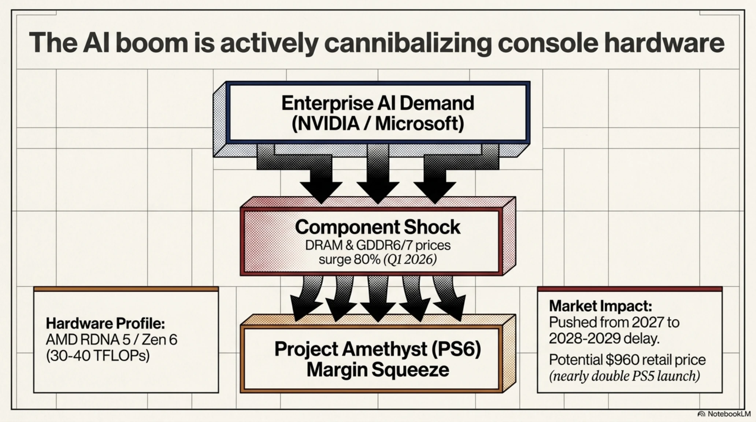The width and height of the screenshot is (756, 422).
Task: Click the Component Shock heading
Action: click(377, 227)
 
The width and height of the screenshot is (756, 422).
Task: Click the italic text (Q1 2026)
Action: click(410, 260)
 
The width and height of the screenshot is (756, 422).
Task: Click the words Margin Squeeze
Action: click(378, 369)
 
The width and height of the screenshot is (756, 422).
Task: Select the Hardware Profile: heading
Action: click(105, 323)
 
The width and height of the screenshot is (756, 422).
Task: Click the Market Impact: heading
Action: click(600, 306)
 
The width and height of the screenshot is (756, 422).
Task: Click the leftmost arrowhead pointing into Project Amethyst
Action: click(303, 310)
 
